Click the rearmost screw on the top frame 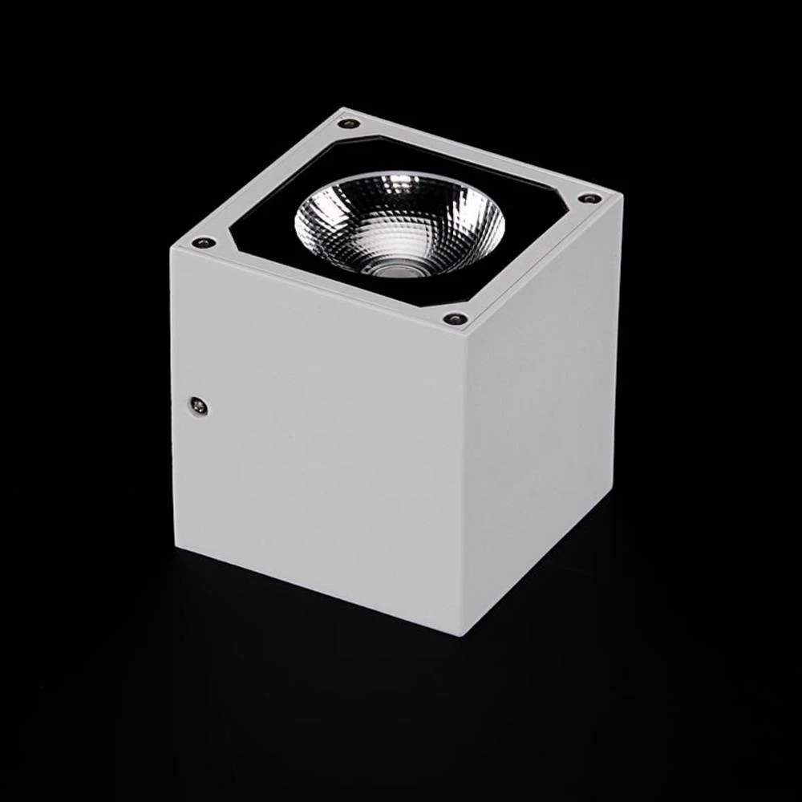348,124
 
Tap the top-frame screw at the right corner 589,198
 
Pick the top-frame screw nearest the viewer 456,319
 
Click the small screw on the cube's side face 197,407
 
